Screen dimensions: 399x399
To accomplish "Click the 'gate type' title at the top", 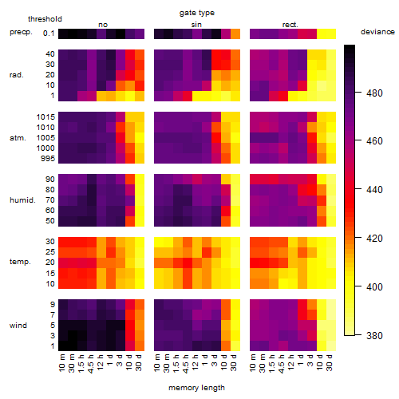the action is (197, 13).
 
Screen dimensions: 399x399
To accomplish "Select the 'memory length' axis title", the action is (196, 388).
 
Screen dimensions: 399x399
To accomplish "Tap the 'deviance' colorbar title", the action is (377, 32).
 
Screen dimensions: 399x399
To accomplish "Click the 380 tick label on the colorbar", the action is (374, 335).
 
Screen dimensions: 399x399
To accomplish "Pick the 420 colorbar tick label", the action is (374, 239).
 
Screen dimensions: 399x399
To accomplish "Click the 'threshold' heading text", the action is (45, 19).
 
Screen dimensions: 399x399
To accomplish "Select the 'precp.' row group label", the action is (21, 32).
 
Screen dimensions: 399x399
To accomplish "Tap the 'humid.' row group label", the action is (22, 200).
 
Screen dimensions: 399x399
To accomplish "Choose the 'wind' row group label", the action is (18, 326).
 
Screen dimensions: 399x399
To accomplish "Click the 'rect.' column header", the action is (290, 25).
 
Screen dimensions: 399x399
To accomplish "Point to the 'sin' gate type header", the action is (196, 25).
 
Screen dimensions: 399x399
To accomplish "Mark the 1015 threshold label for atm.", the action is (45, 117).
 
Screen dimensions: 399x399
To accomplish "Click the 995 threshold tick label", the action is (48, 159).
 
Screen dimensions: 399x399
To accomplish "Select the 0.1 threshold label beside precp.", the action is (49, 34).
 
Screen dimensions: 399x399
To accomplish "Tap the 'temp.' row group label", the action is (20, 262).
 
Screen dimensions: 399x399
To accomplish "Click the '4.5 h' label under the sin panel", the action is (185, 363).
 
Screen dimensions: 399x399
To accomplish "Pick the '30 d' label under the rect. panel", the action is (329, 362).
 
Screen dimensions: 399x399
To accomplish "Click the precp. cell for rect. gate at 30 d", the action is (331, 34).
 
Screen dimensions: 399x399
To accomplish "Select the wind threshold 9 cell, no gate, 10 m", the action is (63, 304).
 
